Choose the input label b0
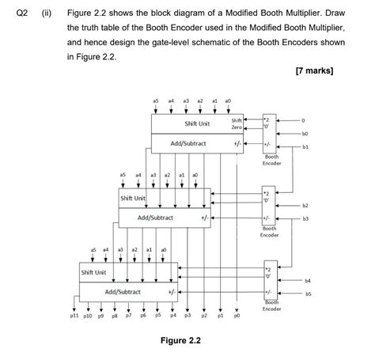click(x=304, y=135)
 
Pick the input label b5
click(x=309, y=293)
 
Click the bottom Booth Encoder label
click(x=271, y=305)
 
